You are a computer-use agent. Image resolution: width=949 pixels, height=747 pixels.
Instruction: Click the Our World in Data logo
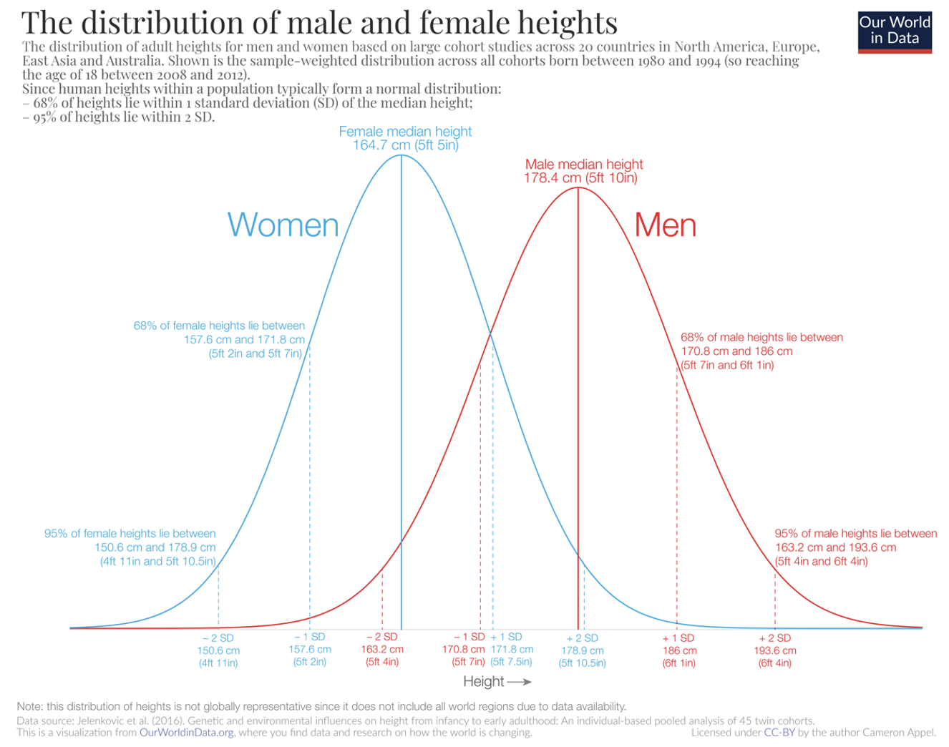click(895, 31)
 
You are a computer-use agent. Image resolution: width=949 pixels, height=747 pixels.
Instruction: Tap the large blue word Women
click(283, 225)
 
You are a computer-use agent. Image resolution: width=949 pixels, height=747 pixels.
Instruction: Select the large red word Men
click(665, 225)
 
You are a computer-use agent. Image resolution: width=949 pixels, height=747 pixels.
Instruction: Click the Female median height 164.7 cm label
click(405, 138)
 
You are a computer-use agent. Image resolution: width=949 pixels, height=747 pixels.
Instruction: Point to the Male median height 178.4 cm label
click(583, 171)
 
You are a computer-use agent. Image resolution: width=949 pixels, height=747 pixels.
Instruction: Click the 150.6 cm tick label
click(218, 650)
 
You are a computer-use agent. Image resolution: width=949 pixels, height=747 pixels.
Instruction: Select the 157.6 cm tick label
click(310, 649)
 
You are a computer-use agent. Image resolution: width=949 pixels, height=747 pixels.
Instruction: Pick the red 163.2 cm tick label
click(382, 649)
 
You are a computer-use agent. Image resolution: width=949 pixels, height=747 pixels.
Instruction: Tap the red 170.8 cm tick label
click(463, 649)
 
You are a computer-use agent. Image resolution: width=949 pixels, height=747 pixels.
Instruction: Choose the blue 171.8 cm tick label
click(512, 649)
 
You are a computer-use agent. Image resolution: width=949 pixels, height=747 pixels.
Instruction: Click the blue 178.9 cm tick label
click(583, 650)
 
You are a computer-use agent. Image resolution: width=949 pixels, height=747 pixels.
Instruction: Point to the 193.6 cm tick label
click(775, 650)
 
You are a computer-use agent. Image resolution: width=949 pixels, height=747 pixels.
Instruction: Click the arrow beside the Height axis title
click(519, 682)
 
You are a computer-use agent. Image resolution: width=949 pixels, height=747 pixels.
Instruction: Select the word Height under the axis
click(483, 681)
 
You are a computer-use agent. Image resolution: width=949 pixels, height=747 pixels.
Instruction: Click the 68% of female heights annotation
click(219, 340)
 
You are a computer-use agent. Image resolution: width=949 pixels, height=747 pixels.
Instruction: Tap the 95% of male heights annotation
click(855, 547)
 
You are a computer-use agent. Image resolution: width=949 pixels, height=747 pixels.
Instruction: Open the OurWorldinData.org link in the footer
click(186, 733)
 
